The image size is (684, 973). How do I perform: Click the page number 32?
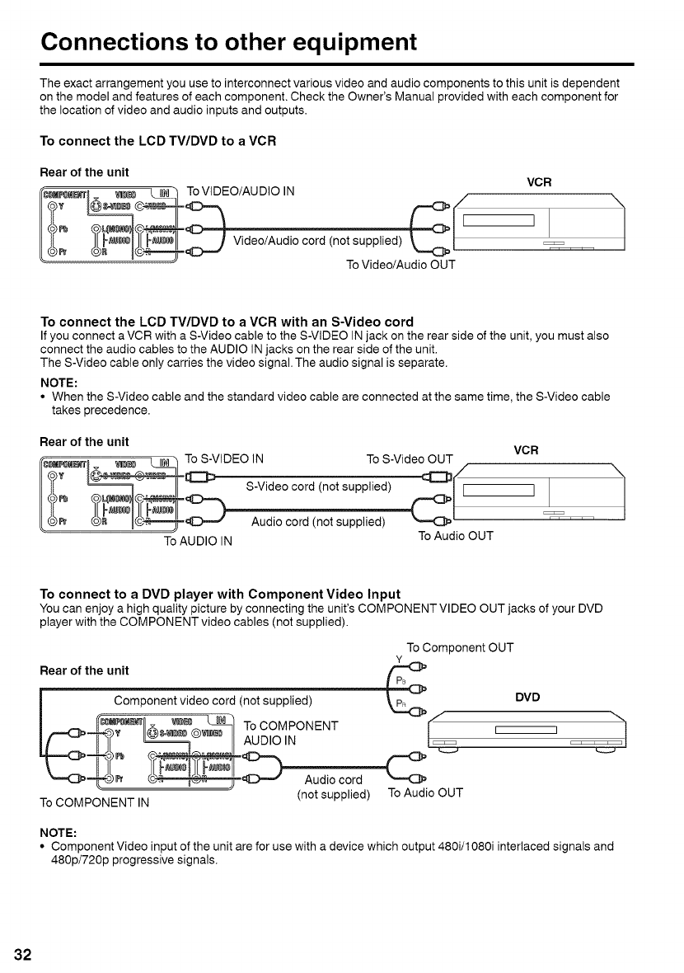click(x=21, y=955)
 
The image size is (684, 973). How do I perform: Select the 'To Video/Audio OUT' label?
click(x=400, y=266)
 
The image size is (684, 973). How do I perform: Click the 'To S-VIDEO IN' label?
click(x=225, y=458)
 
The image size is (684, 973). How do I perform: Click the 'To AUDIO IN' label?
click(x=198, y=542)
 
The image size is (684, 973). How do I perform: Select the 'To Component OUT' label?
click(x=461, y=647)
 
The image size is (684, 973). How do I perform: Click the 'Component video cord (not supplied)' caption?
click(x=213, y=701)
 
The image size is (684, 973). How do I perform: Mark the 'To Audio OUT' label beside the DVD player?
click(x=425, y=793)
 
